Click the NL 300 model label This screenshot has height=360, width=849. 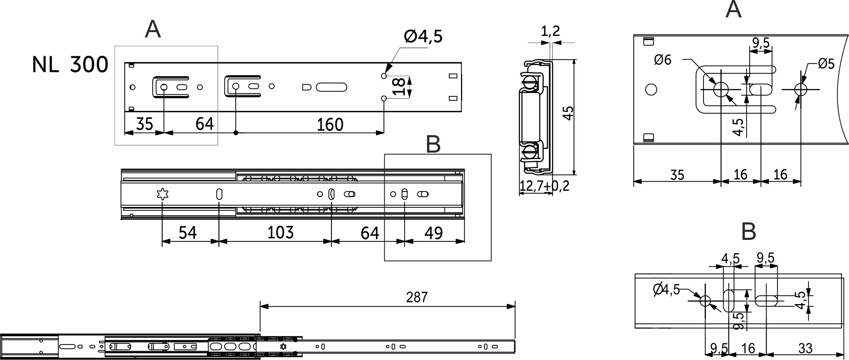[70, 65]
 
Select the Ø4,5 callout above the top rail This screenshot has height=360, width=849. [423, 37]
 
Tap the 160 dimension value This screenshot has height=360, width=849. [330, 124]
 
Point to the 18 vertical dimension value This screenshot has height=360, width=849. [399, 87]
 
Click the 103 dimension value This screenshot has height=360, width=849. [280, 232]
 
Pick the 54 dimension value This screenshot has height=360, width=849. [188, 233]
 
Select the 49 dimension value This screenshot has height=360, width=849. [434, 233]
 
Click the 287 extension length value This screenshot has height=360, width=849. [417, 298]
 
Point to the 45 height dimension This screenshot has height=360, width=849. [568, 113]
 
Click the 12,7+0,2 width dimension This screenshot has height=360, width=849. [544, 186]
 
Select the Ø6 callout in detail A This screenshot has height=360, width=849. [663, 60]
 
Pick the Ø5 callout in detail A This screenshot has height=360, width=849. [826, 63]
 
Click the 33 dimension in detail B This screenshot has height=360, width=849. [805, 348]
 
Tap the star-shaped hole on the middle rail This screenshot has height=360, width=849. [162, 194]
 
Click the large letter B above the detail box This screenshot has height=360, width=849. [433, 144]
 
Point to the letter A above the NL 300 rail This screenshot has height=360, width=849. [153, 29]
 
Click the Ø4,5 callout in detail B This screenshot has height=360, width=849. [666, 289]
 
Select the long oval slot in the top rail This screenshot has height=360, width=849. [331, 87]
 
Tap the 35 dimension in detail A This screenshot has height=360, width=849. [677, 175]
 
